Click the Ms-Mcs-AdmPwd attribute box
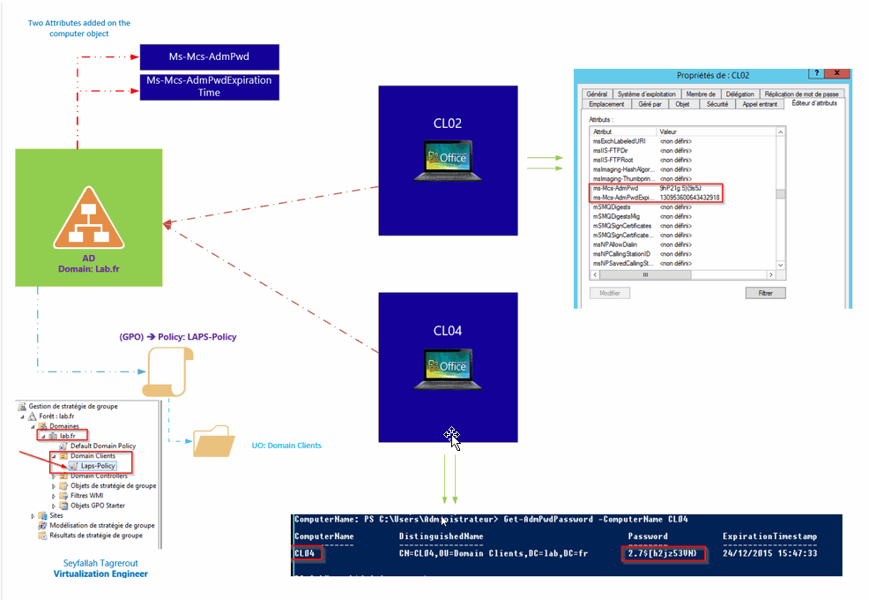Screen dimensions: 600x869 pos(210,56)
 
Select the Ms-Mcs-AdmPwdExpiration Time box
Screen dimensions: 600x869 pos(210,86)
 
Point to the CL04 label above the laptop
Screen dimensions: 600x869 pos(447,331)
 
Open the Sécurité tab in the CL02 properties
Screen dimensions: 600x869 pos(717,104)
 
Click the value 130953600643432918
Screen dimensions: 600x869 pos(690,198)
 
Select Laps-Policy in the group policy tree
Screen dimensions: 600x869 pos(93,466)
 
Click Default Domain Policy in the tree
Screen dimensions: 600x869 pos(102,446)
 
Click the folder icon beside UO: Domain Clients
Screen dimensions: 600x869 pos(213,443)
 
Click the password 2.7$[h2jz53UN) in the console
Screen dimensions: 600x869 pos(661,554)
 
